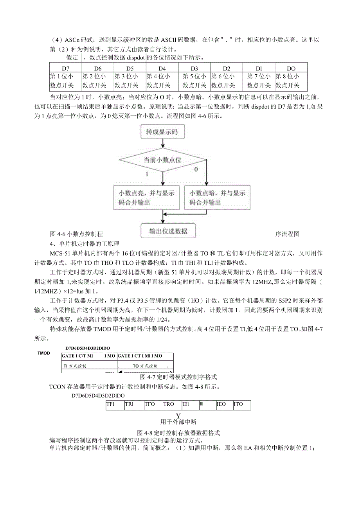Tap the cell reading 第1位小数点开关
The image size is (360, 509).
click(66, 81)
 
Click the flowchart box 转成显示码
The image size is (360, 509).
click(162, 132)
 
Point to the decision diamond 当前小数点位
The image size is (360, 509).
click(162, 160)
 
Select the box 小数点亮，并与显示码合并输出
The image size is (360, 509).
click(146, 198)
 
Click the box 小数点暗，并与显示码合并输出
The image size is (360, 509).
click(218, 198)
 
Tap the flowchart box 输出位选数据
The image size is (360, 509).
click(168, 231)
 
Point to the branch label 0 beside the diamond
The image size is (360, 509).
click(196, 169)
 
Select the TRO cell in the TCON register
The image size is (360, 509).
click(169, 404)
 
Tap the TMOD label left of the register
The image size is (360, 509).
click(44, 353)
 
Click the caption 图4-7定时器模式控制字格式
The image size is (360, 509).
click(178, 377)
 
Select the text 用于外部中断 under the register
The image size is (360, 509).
click(178, 422)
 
